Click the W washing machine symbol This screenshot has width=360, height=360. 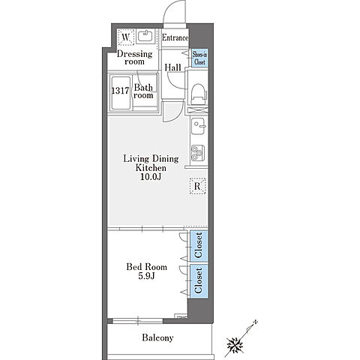tap(126, 37)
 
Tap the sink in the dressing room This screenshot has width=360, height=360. tap(145, 36)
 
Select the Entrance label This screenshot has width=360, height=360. tap(175, 37)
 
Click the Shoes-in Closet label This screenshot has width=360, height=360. tap(199, 58)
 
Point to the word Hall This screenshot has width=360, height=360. tap(172, 67)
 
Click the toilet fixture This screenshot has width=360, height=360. tap(199, 94)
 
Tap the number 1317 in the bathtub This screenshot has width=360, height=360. tap(120, 91)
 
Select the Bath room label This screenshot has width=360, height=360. tap(143, 91)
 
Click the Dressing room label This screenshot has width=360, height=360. tap(134, 58)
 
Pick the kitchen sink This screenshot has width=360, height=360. tap(198, 126)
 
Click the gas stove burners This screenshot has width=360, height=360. tap(198, 153)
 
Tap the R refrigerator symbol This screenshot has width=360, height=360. tap(197, 186)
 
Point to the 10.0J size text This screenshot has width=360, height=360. tap(151, 177)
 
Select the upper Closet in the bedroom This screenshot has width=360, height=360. tap(199, 245)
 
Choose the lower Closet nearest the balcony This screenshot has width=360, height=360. tap(199, 281)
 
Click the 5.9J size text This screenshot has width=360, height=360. tap(147, 276)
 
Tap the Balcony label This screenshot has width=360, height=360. tap(157, 337)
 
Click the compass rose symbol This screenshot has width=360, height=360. tap(235, 346)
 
